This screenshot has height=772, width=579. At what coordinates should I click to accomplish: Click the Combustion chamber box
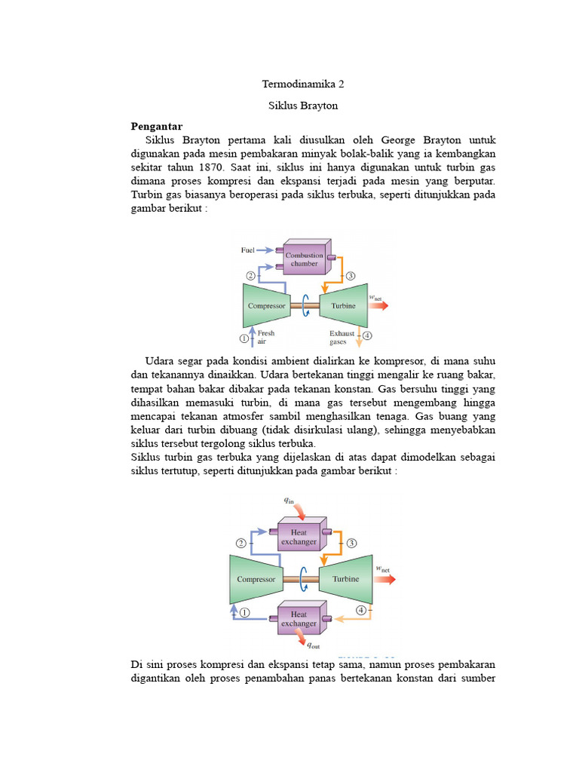(x=304, y=259)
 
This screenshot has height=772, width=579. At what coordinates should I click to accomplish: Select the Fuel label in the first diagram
(x=248, y=250)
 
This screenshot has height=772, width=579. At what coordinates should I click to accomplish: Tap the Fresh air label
(x=266, y=336)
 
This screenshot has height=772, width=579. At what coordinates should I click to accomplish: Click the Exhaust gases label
(x=343, y=336)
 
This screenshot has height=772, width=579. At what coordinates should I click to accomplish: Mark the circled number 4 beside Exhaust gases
(x=367, y=335)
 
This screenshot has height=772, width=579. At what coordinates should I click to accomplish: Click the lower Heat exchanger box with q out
(x=299, y=619)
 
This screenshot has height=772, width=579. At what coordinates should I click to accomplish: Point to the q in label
(x=289, y=499)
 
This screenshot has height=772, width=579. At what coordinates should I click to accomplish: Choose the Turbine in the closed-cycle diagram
(x=345, y=579)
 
